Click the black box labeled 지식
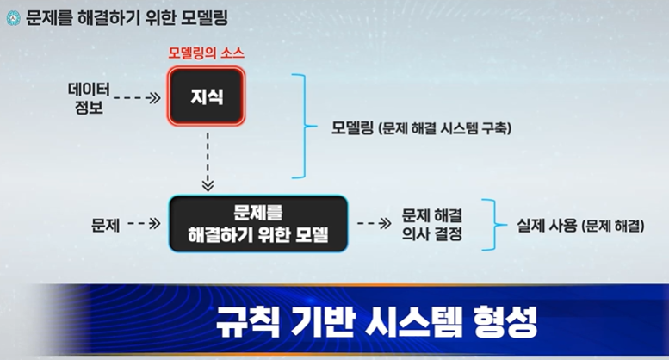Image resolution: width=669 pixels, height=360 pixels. coord(207,97)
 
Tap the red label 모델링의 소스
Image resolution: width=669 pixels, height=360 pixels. coord(206,54)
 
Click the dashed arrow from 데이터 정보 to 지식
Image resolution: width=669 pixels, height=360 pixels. coord(136,98)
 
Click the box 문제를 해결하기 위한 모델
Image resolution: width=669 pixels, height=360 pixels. coord(258,223)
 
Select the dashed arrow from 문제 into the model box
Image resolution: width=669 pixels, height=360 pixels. coord(144,224)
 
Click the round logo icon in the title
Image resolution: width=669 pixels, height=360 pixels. coord(12,16)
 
